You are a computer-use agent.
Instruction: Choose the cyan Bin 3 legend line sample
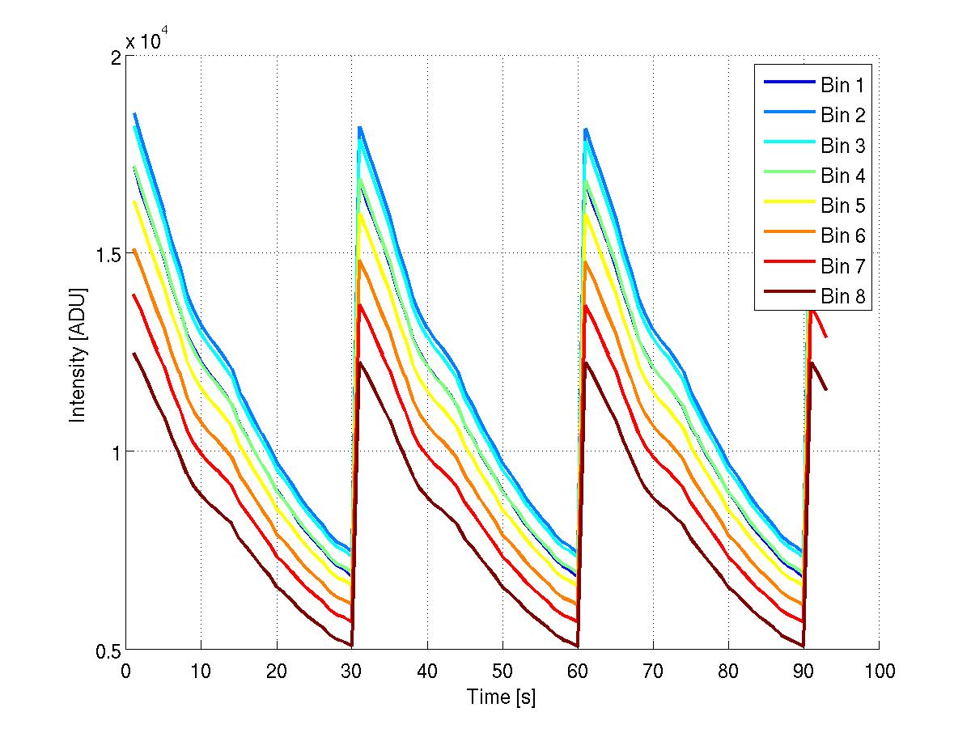(x=787, y=146)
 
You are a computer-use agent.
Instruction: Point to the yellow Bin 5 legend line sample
(x=787, y=206)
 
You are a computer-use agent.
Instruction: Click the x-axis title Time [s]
(x=501, y=697)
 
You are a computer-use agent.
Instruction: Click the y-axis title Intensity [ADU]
(x=78, y=354)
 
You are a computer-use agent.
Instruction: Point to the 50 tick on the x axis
(x=502, y=671)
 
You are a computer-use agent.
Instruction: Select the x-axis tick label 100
(x=879, y=671)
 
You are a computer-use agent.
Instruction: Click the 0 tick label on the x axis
(x=125, y=671)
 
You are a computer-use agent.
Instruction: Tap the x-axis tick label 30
(x=351, y=671)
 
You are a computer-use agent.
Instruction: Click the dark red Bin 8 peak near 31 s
(x=361, y=362)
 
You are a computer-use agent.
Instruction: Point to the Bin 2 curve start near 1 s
(x=134, y=114)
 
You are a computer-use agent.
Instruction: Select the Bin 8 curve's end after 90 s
(x=826, y=390)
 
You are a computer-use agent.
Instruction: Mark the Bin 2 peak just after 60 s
(x=586, y=129)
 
